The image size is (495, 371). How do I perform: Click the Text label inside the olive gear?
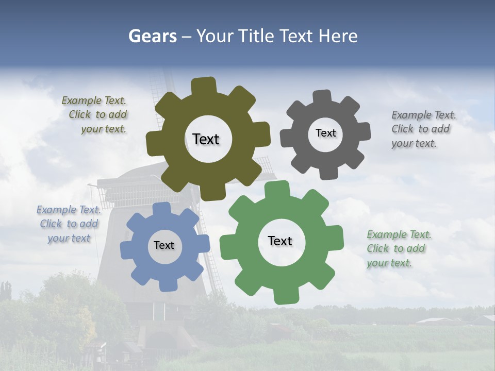(x=206, y=139)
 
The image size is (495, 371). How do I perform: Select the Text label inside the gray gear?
(x=325, y=133)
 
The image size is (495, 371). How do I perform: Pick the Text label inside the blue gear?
(x=164, y=246)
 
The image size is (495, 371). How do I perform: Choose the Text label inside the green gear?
(x=280, y=241)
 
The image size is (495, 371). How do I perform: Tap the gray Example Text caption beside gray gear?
(x=423, y=129)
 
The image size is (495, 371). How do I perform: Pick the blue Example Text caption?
(x=69, y=224)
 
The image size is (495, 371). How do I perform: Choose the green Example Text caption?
(x=399, y=249)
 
